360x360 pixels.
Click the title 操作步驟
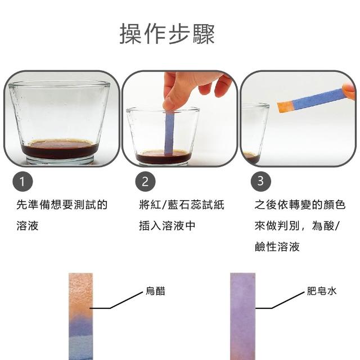pos(167,34)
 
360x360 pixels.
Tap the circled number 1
pos(22,181)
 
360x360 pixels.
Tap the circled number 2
pos(145,181)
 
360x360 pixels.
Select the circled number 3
pos(260,181)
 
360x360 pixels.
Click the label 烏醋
pos(155,291)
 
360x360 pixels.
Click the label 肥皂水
pos(321,291)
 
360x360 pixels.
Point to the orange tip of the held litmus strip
pos(285,107)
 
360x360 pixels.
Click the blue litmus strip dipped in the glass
pos(169,134)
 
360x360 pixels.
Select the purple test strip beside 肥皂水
pos(242,316)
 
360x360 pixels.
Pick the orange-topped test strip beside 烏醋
pos(80,316)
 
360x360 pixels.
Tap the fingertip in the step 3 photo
pos(348,91)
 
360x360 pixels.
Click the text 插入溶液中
pos(167,226)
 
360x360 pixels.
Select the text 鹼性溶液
pos(277,246)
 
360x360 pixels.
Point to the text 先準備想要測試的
pos(62,204)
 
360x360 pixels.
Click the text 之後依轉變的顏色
pos(300,204)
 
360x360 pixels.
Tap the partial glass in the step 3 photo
pos(254,133)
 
